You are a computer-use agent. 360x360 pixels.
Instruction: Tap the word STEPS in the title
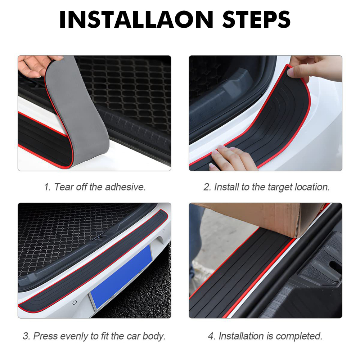[256, 19]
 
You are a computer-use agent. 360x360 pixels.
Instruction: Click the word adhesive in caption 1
[125, 187]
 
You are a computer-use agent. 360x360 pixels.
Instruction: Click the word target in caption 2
[280, 187]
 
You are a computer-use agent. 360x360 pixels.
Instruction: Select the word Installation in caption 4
[241, 336]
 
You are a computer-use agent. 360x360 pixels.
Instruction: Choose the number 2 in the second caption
[207, 187]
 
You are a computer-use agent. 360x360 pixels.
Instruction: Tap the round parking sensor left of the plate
[75, 303]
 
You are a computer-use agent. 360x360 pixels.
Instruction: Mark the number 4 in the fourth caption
[211, 336]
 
